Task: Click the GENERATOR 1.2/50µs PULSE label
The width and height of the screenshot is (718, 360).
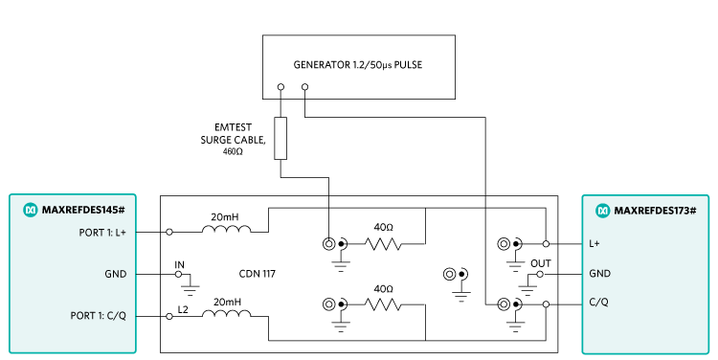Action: (x=358, y=66)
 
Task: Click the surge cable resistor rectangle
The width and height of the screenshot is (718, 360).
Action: (x=280, y=138)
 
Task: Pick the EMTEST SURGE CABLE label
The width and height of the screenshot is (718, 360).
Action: (x=226, y=139)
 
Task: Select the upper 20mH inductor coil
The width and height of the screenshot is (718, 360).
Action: (x=226, y=230)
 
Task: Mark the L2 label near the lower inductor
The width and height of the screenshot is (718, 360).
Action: (x=183, y=309)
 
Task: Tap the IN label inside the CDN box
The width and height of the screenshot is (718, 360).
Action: (x=179, y=263)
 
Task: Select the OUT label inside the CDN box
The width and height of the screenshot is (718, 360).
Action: (x=540, y=262)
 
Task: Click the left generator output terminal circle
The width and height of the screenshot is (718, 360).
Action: (x=280, y=86)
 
